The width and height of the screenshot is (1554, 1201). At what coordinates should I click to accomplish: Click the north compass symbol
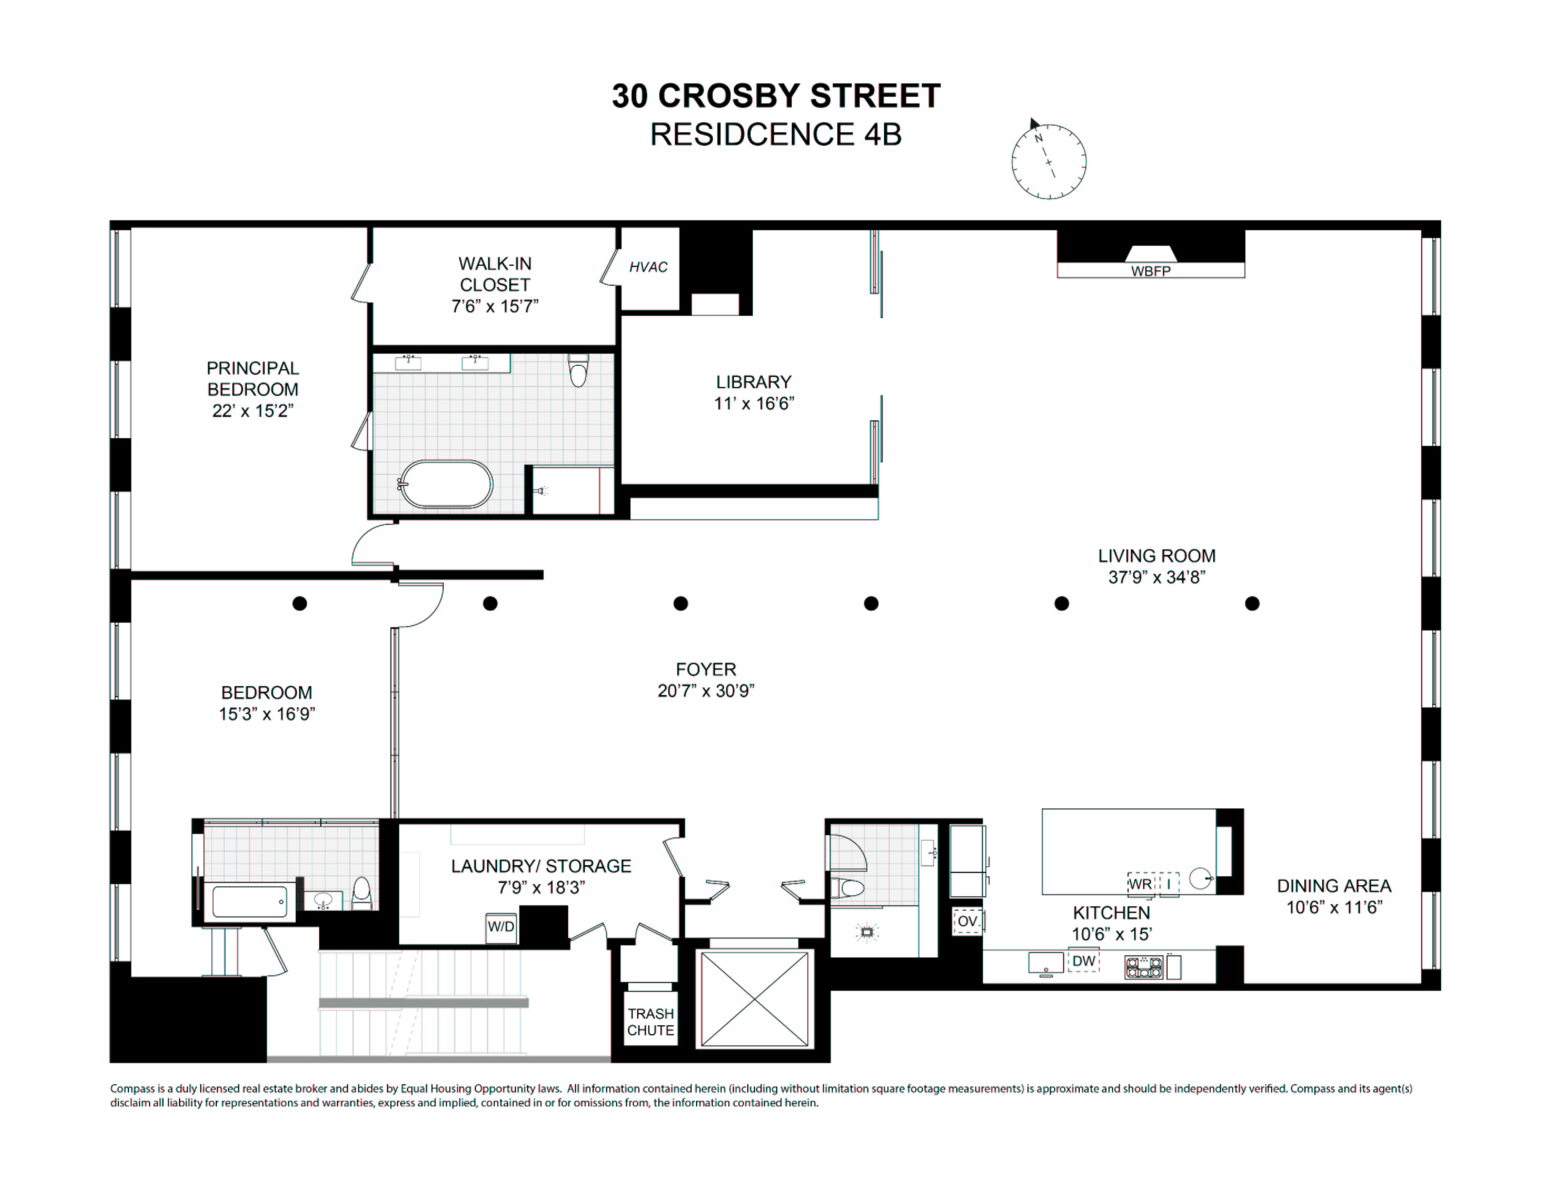pyautogui.click(x=1048, y=161)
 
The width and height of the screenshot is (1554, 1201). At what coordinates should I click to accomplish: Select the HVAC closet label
pyautogui.click(x=648, y=267)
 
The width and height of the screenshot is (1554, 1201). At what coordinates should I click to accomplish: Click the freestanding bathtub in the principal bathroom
pyautogui.click(x=446, y=484)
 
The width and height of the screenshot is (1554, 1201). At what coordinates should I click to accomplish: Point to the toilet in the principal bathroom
pyautogui.click(x=578, y=370)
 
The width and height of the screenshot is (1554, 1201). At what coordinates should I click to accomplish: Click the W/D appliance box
pyautogui.click(x=501, y=926)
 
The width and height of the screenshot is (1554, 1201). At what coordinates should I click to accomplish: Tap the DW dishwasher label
pyautogui.click(x=1084, y=961)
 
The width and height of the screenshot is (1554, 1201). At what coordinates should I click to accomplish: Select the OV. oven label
pyautogui.click(x=967, y=921)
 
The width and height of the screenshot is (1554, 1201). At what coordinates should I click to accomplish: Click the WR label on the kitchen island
pyautogui.click(x=1140, y=885)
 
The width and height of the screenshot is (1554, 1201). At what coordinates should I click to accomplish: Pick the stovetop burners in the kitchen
pyautogui.click(x=1144, y=967)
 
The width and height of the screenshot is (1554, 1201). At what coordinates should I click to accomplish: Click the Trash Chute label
pyautogui.click(x=651, y=1022)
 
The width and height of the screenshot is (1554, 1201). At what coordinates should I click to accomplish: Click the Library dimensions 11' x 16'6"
pyautogui.click(x=753, y=404)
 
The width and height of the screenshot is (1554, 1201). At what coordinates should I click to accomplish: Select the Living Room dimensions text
pyautogui.click(x=1156, y=577)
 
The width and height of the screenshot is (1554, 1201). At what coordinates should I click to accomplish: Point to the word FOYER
pyautogui.click(x=706, y=669)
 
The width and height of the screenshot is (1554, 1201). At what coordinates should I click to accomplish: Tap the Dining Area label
pyautogui.click(x=1333, y=886)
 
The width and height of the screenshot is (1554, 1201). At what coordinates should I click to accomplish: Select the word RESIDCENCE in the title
pyautogui.click(x=752, y=135)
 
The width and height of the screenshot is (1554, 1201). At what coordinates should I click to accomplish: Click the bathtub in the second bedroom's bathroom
pyautogui.click(x=250, y=902)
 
